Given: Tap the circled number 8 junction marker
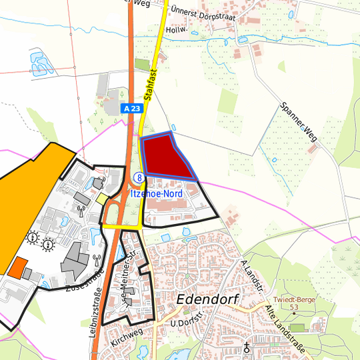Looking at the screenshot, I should tap(139, 177).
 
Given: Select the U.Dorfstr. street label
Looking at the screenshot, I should tap(186, 323).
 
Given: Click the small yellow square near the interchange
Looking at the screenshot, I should tap(101, 198).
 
